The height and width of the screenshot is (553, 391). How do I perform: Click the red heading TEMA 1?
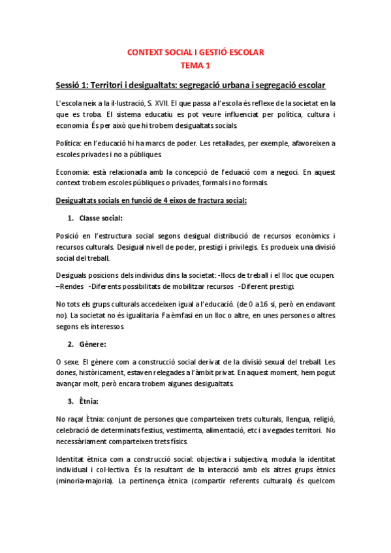195,65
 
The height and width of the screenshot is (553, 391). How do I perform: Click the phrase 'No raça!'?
69,417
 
